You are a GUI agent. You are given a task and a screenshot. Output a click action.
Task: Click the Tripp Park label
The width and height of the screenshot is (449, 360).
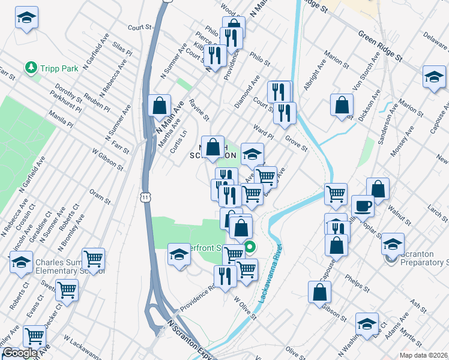tap(59, 68)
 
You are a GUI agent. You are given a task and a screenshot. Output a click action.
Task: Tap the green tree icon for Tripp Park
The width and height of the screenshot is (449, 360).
tap(31, 68)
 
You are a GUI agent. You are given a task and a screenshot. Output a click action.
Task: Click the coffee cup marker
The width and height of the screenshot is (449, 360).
tap(363, 205)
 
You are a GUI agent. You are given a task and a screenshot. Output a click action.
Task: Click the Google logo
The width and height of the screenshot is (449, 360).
tap(20, 353)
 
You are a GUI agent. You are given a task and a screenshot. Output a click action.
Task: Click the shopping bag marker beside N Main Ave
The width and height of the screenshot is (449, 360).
tap(160, 105)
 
